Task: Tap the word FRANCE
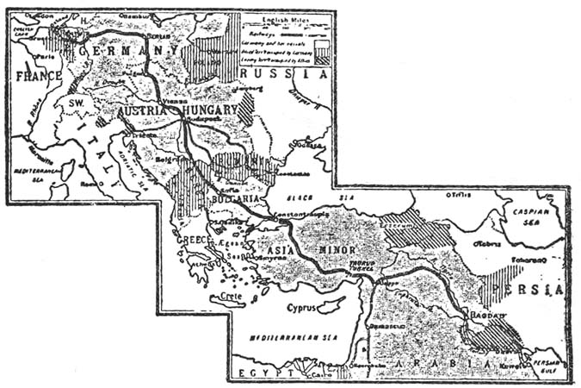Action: click(38, 76)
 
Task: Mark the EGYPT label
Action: click(258, 370)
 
